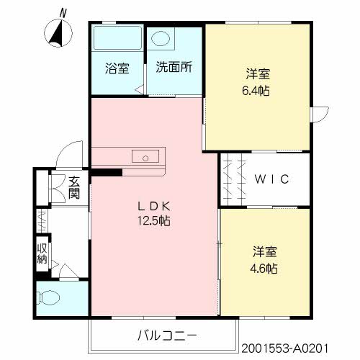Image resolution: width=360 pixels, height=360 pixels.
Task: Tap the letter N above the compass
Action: pyautogui.click(x=63, y=13)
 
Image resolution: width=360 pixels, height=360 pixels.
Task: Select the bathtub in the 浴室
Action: pyautogui.click(x=117, y=37)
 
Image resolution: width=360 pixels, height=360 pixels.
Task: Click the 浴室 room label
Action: pyautogui.click(x=117, y=68)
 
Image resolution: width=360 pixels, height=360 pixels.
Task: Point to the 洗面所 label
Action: pyautogui.click(x=174, y=67)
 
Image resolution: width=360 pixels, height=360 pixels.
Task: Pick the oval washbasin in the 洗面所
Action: pyautogui.click(x=161, y=38)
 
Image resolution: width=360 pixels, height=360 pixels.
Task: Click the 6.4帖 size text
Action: pyautogui.click(x=256, y=91)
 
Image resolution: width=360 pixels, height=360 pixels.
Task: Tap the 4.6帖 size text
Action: pyautogui.click(x=264, y=269)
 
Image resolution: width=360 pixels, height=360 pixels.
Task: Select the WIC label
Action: pyautogui.click(x=271, y=179)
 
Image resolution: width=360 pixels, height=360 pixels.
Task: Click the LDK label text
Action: pyautogui.click(x=154, y=206)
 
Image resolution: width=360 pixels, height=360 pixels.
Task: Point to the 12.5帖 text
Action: pyautogui.click(x=154, y=220)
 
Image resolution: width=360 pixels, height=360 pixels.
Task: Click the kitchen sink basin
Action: pyautogui.click(x=145, y=156)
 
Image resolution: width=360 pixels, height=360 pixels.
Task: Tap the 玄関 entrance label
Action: pyautogui.click(x=74, y=188)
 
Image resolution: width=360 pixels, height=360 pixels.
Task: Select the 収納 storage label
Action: pyautogui.click(x=42, y=253)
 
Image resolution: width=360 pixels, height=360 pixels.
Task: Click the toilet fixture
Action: pyautogui.click(x=48, y=298)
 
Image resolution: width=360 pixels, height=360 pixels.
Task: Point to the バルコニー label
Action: pyautogui.click(x=167, y=336)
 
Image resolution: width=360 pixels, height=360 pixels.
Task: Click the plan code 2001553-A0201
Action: pyautogui.click(x=284, y=348)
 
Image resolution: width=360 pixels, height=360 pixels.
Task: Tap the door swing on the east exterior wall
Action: pyautogui.click(x=320, y=114)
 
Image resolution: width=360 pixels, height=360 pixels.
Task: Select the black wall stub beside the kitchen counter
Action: pyautogui.click(x=107, y=172)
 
